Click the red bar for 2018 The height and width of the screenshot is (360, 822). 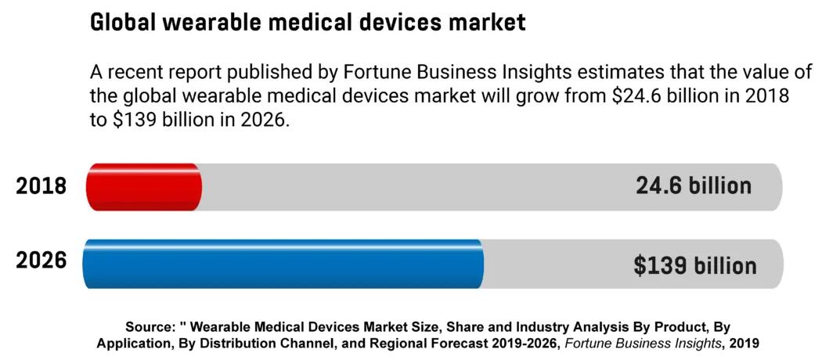(x=143, y=187)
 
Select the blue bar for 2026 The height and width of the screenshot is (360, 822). (x=283, y=264)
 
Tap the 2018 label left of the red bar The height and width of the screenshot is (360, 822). (x=41, y=187)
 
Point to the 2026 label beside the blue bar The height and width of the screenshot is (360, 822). (x=41, y=261)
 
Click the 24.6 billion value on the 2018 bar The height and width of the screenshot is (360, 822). (x=693, y=186)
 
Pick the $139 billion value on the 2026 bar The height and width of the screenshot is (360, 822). (x=694, y=265)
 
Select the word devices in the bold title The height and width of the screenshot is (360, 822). (x=395, y=23)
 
